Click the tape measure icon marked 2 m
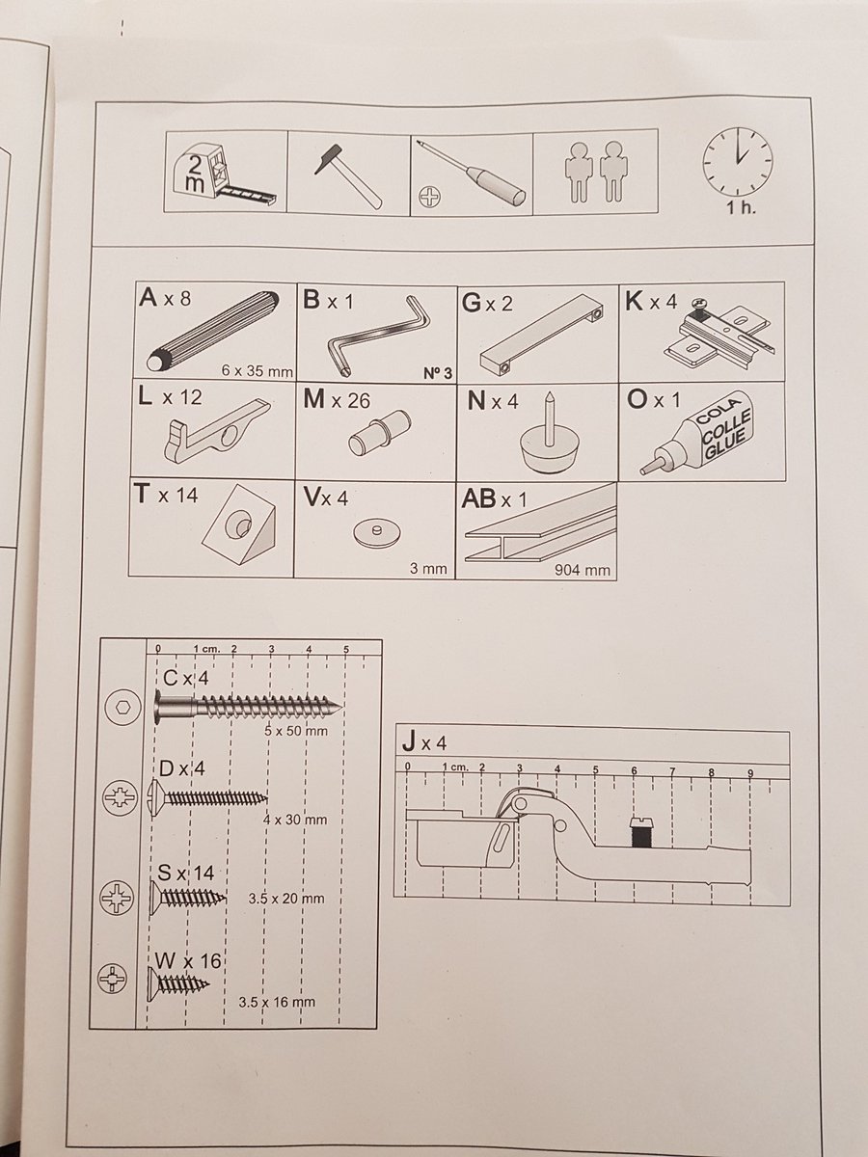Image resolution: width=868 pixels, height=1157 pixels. click(225, 174)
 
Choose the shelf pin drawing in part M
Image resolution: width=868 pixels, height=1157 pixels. click(379, 435)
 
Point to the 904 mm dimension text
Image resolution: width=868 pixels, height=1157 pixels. click(583, 570)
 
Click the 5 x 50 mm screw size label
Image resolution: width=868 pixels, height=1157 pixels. click(295, 731)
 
